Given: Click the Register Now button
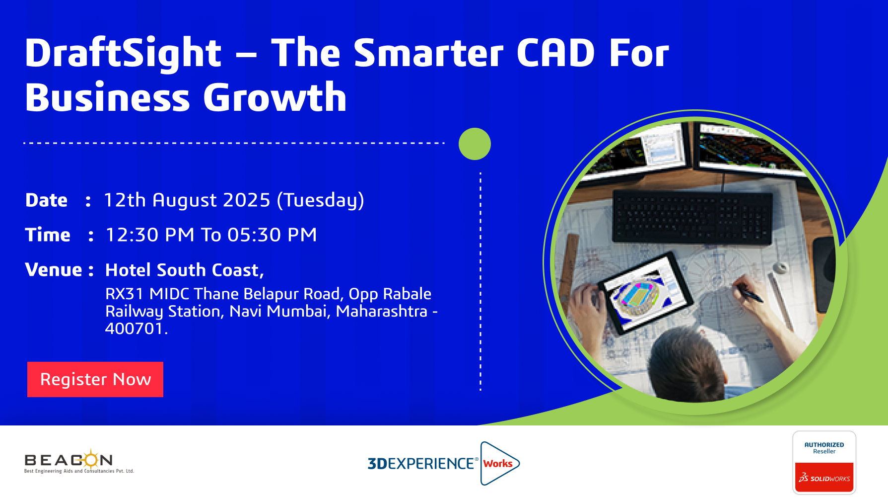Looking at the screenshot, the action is [x=95, y=379].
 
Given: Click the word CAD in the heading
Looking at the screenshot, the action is [x=555, y=53].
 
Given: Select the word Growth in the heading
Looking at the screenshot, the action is [x=275, y=97].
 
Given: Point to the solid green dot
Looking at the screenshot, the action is [x=475, y=144].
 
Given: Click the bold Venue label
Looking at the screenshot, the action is [x=54, y=270].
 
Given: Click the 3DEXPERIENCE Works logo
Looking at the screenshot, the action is [x=444, y=463].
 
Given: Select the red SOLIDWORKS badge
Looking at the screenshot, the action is [x=824, y=478].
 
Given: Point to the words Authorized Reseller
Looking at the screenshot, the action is [x=824, y=448].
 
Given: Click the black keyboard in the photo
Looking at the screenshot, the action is [x=693, y=217].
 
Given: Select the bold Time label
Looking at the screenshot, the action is [x=48, y=235].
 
